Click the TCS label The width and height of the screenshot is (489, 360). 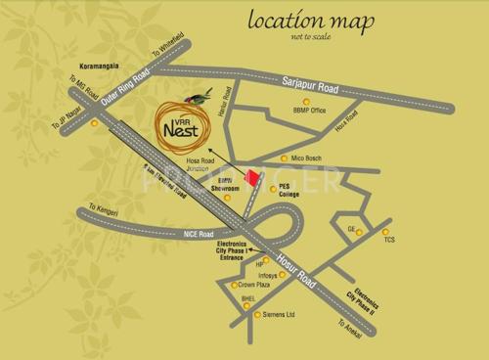point(388,239)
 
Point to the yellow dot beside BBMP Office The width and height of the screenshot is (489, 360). point(304,101)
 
